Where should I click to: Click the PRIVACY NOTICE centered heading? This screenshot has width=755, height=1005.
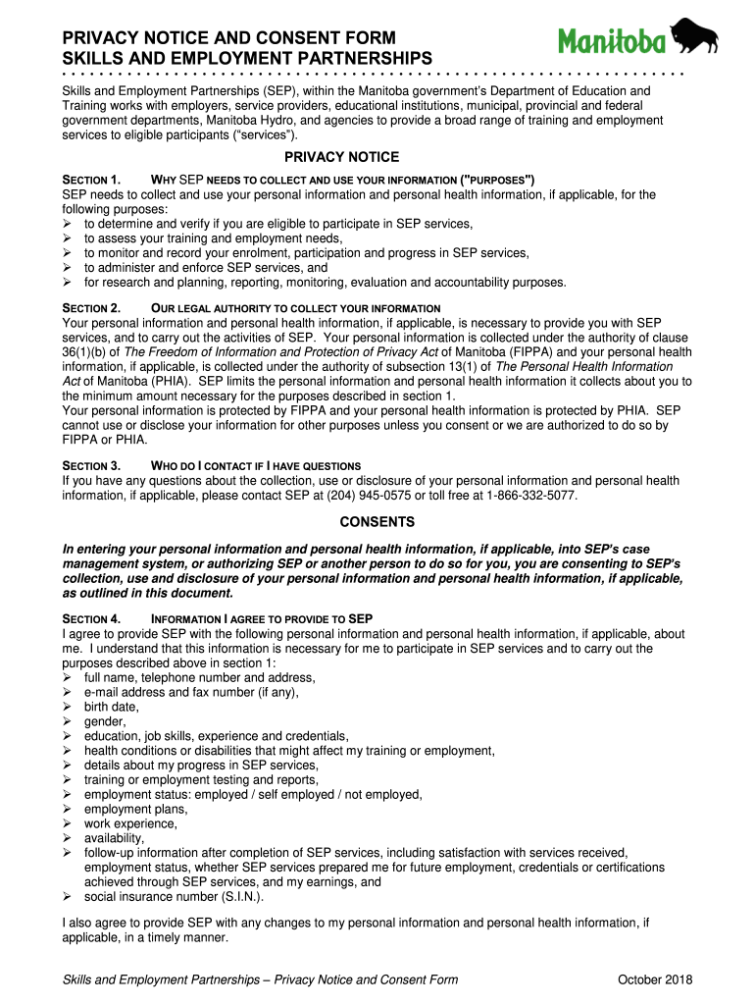coord(341,157)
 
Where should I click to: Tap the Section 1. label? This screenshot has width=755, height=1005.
coord(91,181)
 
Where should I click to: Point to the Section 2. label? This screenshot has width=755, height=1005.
coord(91,308)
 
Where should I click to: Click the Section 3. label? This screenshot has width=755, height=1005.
coord(91,465)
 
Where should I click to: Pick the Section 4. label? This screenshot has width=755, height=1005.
coord(91,619)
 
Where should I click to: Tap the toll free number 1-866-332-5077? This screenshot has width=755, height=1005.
coord(530,496)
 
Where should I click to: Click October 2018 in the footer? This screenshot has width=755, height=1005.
coord(656,980)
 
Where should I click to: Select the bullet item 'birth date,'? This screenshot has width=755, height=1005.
coord(112,707)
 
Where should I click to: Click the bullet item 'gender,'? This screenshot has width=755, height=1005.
coord(105,721)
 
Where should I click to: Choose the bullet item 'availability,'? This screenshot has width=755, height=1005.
coord(114,838)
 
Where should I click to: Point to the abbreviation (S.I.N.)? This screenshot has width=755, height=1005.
coord(238,896)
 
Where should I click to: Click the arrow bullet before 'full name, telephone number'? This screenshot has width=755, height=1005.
coord(68,677)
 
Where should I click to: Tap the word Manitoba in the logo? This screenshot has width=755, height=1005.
coord(612,40)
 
